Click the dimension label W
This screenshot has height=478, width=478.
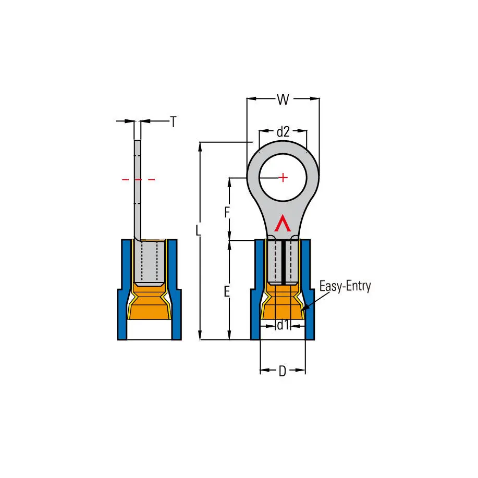coord(283,100)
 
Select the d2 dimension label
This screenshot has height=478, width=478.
coord(283,132)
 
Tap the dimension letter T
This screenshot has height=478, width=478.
coord(173,122)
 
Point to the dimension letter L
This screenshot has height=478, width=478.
coord(198,230)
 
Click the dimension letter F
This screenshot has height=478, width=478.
coord(227,213)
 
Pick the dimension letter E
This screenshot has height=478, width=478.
coord(227,292)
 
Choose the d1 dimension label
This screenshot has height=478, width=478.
coord(283,325)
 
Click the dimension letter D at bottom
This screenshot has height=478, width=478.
coord(283,371)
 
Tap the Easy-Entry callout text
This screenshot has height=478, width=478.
coord(345,287)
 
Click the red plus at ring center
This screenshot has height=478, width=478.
coord(283,177)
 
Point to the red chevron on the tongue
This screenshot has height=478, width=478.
coord(283,223)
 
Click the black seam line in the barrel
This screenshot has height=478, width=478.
coord(284,263)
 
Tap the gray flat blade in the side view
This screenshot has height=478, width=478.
coord(138,190)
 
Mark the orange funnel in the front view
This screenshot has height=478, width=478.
coord(283,302)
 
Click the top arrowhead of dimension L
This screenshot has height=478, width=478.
coord(200,147)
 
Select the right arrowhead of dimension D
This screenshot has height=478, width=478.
coord(301,371)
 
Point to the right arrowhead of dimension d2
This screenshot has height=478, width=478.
coord(302,131)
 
